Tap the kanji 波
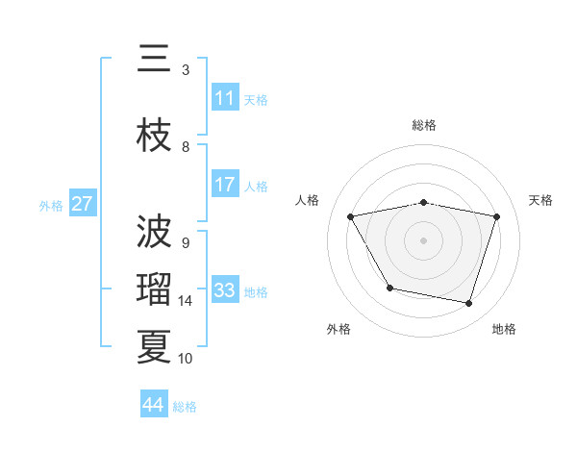click(154, 233)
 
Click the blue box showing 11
click(225, 98)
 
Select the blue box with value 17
click(225, 185)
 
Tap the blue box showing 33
click(225, 290)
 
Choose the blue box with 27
click(83, 204)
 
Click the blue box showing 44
click(154, 405)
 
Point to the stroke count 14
click(186, 301)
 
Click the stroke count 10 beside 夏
click(186, 359)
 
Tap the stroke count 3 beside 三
click(186, 70)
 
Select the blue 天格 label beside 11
click(256, 99)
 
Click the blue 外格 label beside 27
click(51, 205)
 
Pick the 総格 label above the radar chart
click(423, 125)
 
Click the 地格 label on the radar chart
click(504, 329)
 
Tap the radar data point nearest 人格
click(351, 217)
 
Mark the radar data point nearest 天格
click(496, 217)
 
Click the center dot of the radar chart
click(423, 240)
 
